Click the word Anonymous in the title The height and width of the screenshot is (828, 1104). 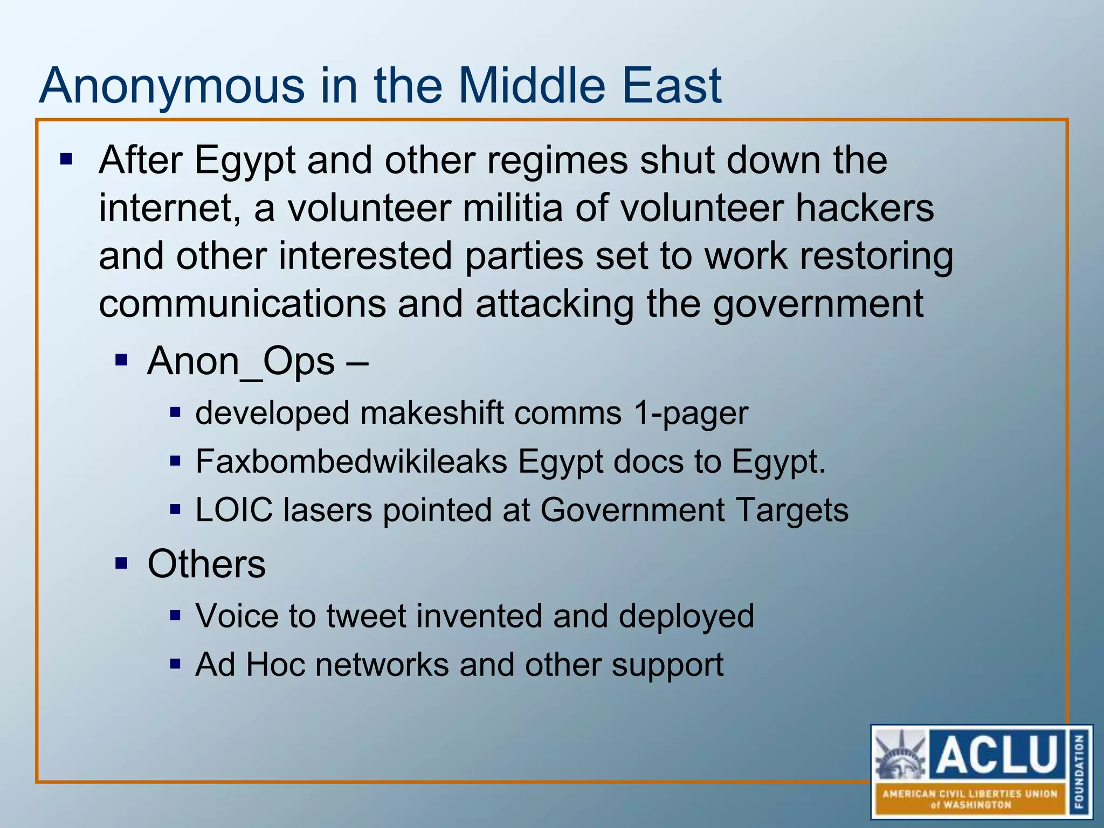click(x=171, y=86)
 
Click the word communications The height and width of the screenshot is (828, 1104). click(x=242, y=303)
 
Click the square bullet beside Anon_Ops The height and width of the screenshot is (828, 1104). click(x=121, y=359)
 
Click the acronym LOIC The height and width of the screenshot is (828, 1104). click(x=234, y=510)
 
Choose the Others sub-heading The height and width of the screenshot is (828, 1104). click(x=206, y=564)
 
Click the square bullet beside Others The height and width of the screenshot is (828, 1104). click(x=121, y=563)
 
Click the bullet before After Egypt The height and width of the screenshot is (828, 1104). click(x=66, y=159)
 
